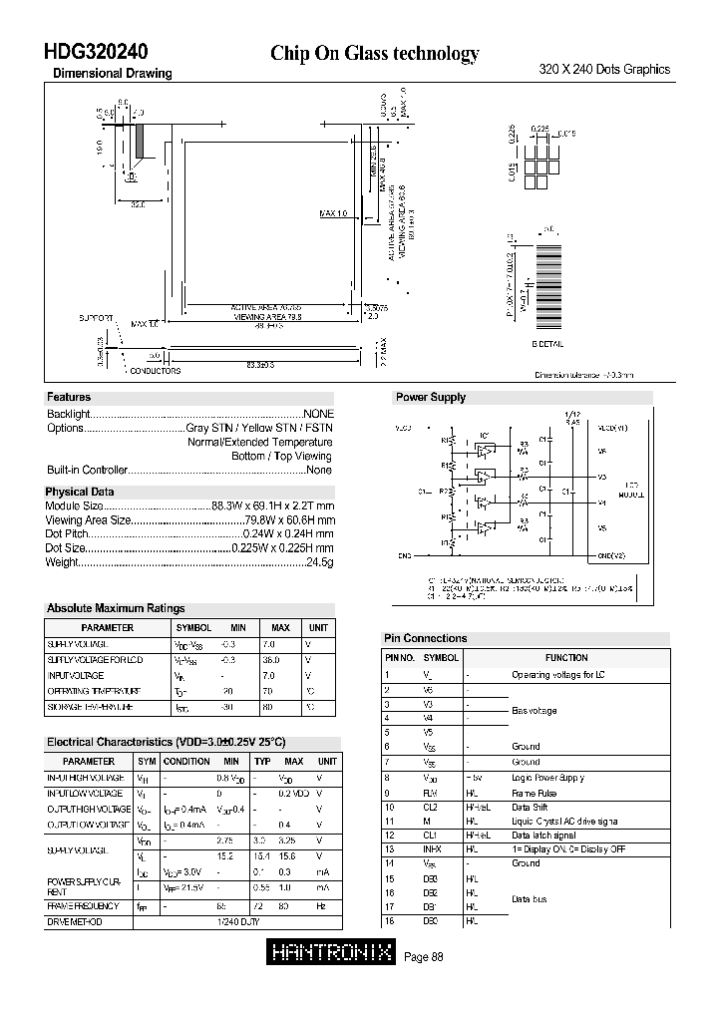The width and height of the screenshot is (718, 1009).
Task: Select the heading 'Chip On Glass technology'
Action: [375, 54]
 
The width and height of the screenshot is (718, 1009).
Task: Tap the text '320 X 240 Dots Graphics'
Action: [604, 70]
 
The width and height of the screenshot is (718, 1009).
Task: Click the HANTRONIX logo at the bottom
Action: [332, 954]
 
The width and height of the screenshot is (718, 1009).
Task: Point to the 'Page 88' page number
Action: [424, 957]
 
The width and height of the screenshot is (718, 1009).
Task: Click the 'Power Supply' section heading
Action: [431, 397]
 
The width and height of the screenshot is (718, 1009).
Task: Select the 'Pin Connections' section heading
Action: [426, 638]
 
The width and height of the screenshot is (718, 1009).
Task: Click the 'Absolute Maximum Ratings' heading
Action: [116, 608]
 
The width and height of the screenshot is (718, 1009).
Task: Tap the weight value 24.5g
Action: [319, 562]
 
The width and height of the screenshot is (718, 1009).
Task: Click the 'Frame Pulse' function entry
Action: [535, 793]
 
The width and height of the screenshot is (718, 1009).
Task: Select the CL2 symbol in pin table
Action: [431, 807]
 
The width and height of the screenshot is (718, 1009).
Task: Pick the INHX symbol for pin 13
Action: [433, 849]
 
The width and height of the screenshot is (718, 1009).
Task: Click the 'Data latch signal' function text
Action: [543, 836]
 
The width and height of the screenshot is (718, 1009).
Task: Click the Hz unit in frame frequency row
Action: [320, 906]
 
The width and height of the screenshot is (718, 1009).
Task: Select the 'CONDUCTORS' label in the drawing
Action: [156, 371]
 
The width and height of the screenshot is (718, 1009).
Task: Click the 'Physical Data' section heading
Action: [80, 492]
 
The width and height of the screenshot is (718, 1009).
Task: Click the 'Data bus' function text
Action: [529, 899]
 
